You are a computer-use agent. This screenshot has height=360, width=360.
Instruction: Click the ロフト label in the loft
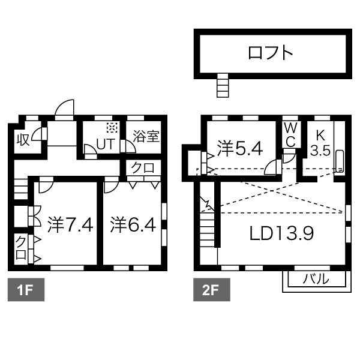tap(271, 53)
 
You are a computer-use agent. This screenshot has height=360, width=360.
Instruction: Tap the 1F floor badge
tap(24, 291)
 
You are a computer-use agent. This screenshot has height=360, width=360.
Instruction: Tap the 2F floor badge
tap(209, 291)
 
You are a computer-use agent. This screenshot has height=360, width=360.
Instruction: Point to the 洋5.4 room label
tap(239, 148)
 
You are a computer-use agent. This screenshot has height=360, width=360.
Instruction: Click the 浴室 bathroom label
tap(146, 136)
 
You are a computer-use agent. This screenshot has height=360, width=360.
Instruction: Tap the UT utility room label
tap(106, 145)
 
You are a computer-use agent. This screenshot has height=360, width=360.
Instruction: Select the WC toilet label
tap(290, 135)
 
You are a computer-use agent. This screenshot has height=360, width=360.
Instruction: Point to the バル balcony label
tap(314, 279)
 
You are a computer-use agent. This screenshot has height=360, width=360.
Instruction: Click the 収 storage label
tap(23, 139)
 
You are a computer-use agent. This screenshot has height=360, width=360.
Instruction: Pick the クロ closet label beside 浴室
tap(143, 168)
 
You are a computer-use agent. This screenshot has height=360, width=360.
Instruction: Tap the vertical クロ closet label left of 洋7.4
tap(21, 247)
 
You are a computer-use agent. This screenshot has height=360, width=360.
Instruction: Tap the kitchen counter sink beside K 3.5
tap(340, 161)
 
